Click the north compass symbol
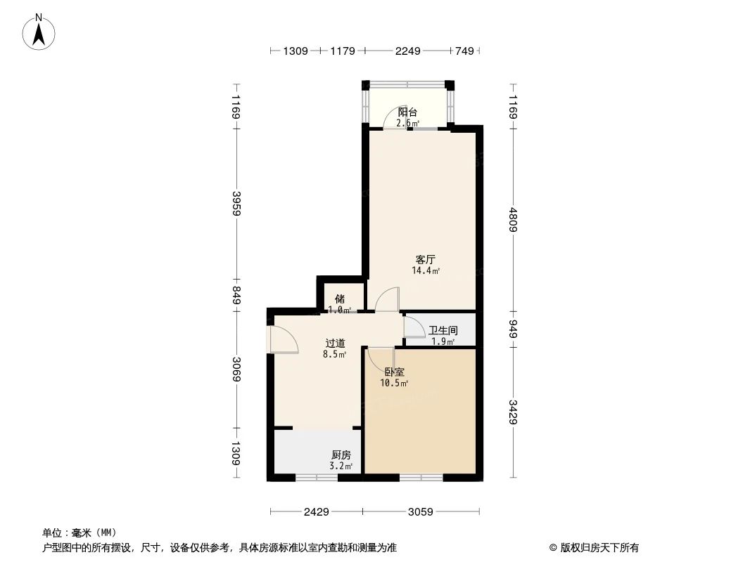click(x=39, y=32)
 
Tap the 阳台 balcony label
click(x=407, y=112)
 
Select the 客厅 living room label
click(x=425, y=259)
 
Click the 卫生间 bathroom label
click(x=443, y=330)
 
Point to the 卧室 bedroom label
click(x=394, y=372)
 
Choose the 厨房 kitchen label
click(x=342, y=455)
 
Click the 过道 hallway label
click(x=335, y=344)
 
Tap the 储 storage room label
click(x=339, y=299)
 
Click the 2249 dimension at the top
click(x=407, y=51)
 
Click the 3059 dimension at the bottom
click(x=421, y=511)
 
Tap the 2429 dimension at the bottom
click(x=317, y=511)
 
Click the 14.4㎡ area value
click(x=426, y=270)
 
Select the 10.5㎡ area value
click(x=394, y=384)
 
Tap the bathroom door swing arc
click(x=414, y=327)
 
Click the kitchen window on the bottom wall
click(x=316, y=478)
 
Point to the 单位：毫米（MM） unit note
click(x=80, y=532)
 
